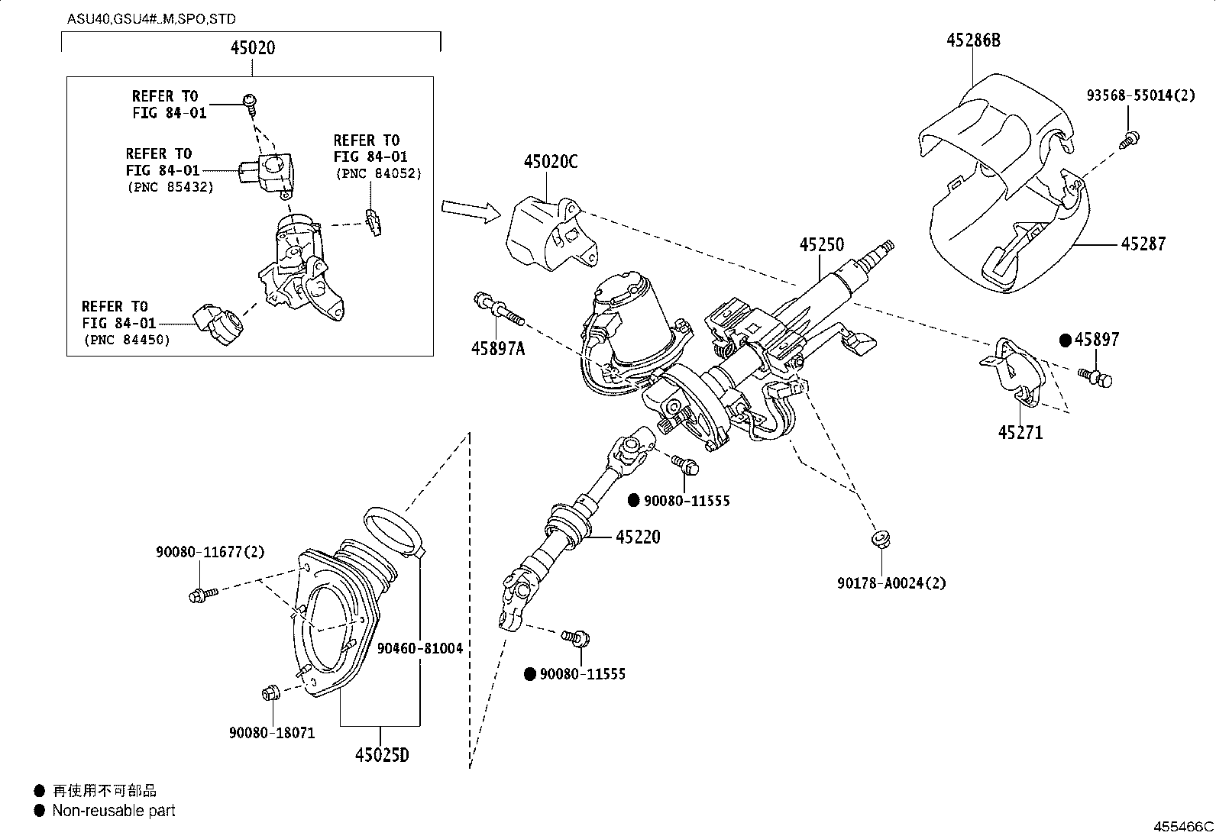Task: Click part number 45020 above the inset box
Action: tap(253, 48)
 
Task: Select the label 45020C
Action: tap(550, 162)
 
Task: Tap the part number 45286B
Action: tap(972, 40)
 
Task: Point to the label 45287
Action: tap(1143, 244)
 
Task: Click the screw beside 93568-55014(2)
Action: tap(1129, 140)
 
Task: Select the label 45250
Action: tap(822, 245)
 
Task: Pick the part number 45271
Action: tap(1020, 433)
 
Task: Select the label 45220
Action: tap(638, 537)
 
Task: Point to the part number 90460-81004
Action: tap(420, 648)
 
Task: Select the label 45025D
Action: tap(381, 755)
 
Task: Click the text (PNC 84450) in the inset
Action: tap(126, 340)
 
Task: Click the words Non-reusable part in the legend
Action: tap(113, 811)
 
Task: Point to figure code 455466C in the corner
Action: tap(1182, 827)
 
